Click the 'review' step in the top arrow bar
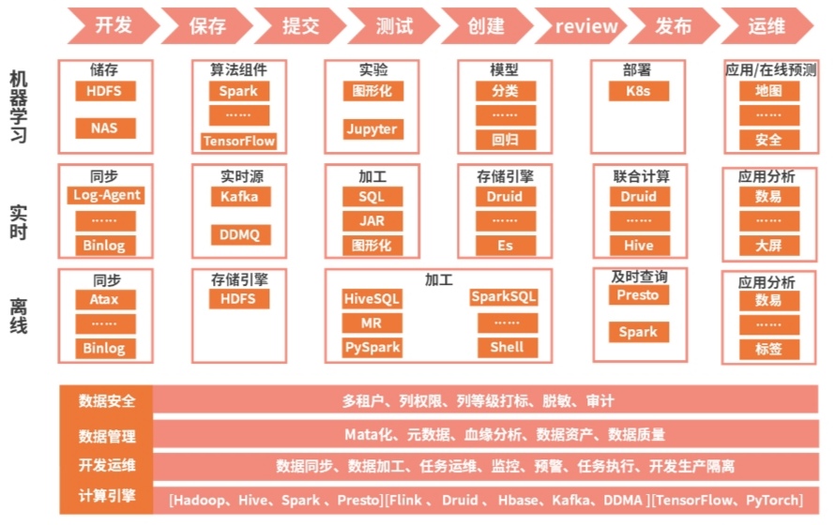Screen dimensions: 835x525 coord(586,26)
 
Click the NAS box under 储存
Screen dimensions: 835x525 coord(105,128)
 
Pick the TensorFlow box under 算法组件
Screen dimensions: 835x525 coord(238,142)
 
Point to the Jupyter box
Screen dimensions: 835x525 coord(371,128)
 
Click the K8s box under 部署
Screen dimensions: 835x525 coord(637,91)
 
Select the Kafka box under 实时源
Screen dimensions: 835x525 coord(239,196)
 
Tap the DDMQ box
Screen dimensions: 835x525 coord(239,233)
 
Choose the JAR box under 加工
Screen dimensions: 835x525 coord(371,221)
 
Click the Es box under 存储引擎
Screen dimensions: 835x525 coord(505,246)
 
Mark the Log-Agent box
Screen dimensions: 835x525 coord(105,195)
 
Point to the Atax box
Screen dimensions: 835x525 coord(105,300)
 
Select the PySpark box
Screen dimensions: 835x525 coord(371,347)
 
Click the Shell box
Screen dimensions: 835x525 coord(507,347)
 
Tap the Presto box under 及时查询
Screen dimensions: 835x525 coord(637,295)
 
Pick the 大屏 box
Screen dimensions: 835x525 coord(768,246)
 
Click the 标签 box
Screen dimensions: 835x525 coord(768,350)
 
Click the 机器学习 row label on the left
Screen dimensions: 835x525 coord(18,105)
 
